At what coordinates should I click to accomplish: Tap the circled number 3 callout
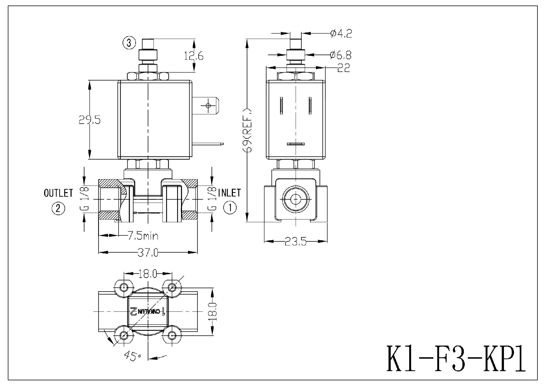click(x=129, y=43)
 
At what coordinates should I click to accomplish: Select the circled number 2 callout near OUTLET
click(x=58, y=209)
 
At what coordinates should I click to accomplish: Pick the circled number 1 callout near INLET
click(x=230, y=208)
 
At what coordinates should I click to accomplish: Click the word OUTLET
click(x=58, y=193)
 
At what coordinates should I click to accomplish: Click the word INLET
click(x=229, y=193)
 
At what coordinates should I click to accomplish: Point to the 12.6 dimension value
click(x=194, y=56)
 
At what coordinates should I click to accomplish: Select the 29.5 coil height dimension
click(x=90, y=120)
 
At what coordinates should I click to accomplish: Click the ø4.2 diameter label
click(x=341, y=34)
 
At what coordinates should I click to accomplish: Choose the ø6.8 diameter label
click(x=340, y=55)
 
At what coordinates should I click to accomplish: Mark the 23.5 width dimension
click(x=295, y=242)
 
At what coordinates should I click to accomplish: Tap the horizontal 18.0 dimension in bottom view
click(x=148, y=274)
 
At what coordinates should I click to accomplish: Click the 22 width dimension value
click(x=343, y=68)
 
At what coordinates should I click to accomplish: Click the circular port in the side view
click(x=295, y=199)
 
